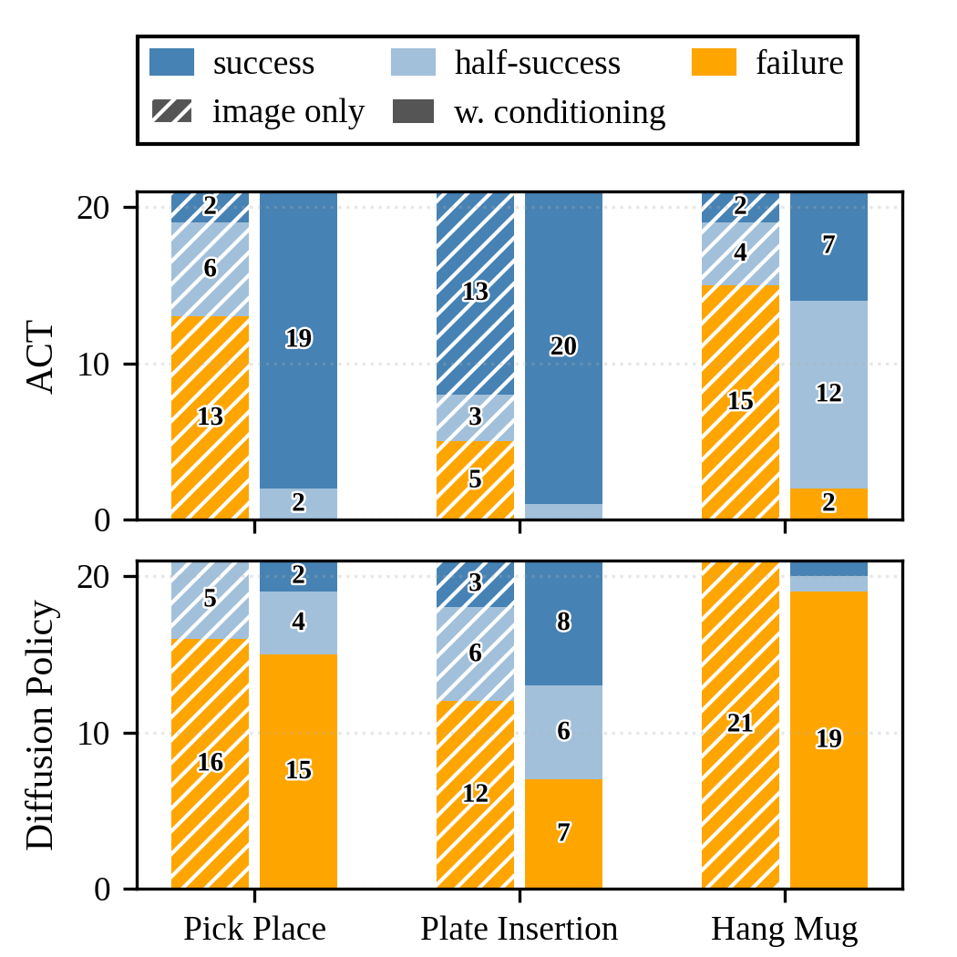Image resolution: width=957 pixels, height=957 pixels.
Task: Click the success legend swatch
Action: [172, 63]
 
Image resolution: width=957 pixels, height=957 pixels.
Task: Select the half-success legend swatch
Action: [413, 63]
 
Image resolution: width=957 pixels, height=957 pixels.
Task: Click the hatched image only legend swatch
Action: [172, 111]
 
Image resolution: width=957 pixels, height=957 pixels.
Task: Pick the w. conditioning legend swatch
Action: [413, 111]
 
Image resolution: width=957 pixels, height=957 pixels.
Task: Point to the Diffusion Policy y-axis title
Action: [41, 725]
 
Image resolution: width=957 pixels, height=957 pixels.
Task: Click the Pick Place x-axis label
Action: [254, 930]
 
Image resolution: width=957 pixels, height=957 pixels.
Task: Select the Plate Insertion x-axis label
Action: [519, 930]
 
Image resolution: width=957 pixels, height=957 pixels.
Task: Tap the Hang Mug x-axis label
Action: [784, 930]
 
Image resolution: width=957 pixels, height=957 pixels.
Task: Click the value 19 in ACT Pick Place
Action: [299, 339]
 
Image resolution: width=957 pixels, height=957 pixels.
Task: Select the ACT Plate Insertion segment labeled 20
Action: [563, 346]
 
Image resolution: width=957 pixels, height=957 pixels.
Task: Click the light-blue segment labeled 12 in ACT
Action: [828, 394]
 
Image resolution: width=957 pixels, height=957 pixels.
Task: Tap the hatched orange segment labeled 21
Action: [740, 725]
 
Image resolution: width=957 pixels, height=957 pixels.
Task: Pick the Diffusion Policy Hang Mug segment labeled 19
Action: [828, 739]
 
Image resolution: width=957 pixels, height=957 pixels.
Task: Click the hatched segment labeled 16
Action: [211, 763]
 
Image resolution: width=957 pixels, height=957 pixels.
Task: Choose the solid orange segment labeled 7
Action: [563, 833]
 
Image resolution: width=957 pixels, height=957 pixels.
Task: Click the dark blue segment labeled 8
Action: [563, 623]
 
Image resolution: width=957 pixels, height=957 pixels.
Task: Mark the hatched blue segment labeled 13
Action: [475, 292]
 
